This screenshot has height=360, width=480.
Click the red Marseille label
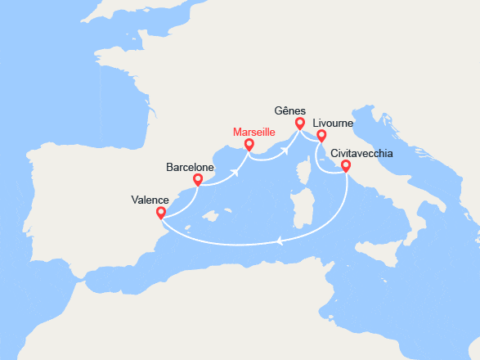point(253,132)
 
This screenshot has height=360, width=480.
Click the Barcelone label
point(190,166)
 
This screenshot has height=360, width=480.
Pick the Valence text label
point(150,200)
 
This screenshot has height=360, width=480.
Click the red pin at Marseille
point(248,146)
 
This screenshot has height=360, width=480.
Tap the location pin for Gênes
point(300,124)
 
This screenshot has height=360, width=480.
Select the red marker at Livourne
point(321,137)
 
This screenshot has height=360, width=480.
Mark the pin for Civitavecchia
point(346,167)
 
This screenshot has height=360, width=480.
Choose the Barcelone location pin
point(197,181)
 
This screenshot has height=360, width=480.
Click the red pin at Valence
point(160,214)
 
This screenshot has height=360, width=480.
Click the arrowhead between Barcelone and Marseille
point(236,172)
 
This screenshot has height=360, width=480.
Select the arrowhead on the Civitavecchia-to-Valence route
point(280,241)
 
